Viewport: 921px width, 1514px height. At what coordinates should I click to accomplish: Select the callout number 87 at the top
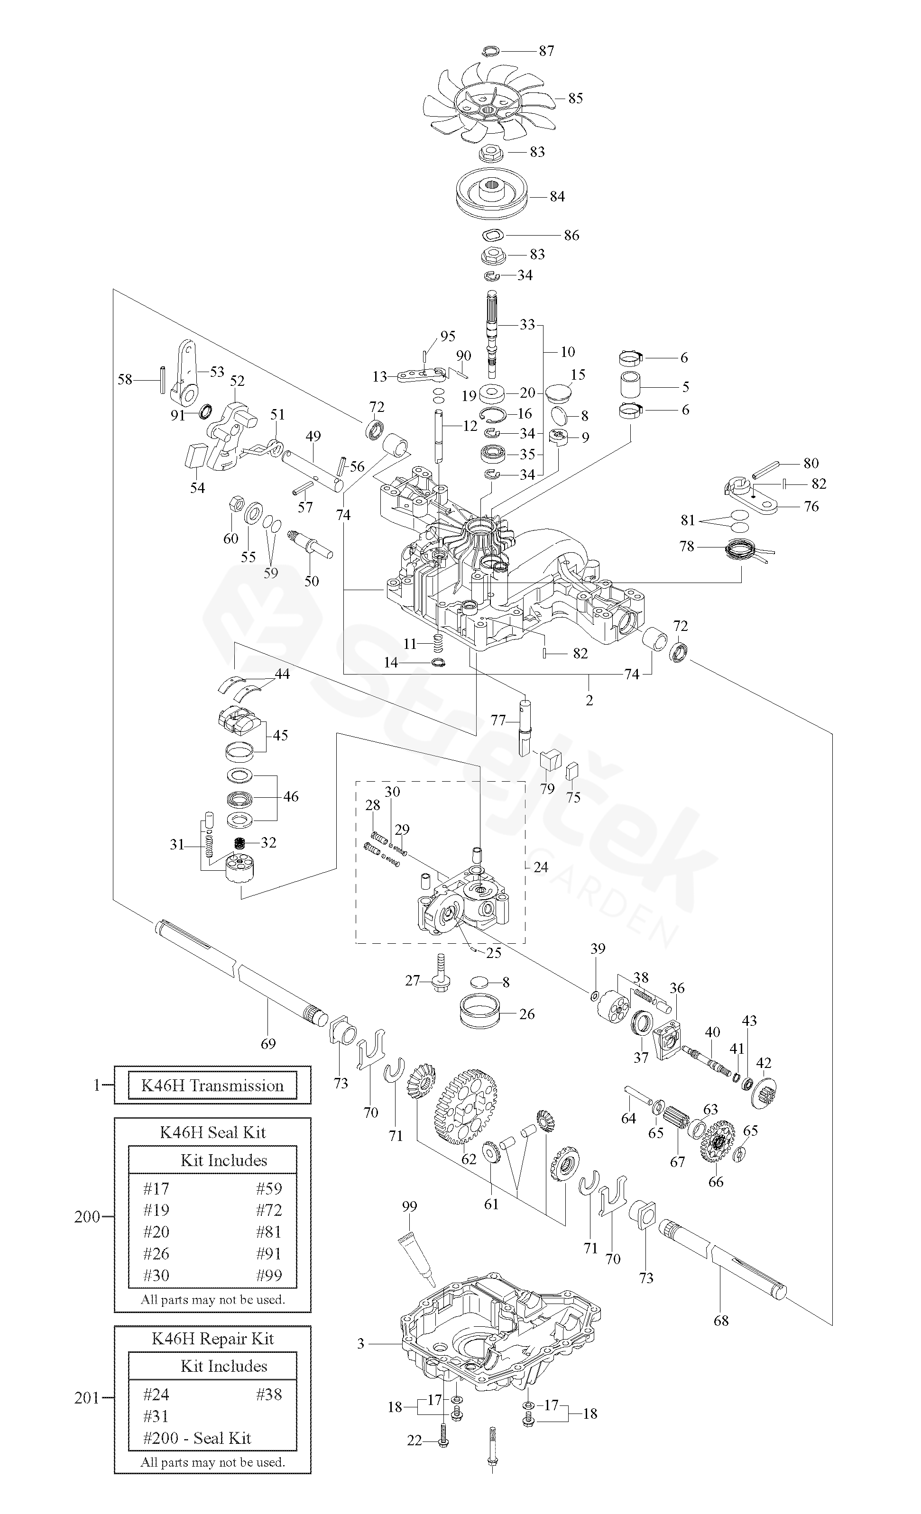(x=546, y=51)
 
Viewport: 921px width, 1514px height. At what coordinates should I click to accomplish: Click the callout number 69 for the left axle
(x=268, y=1043)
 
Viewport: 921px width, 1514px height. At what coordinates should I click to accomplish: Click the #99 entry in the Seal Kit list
(x=269, y=1276)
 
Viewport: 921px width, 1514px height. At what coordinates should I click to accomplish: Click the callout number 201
(x=87, y=1398)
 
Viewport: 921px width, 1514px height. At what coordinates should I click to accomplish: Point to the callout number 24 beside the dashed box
(x=541, y=867)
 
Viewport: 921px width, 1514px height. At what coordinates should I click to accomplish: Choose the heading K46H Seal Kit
(x=212, y=1132)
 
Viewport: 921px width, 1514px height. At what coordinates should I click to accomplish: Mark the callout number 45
(x=280, y=735)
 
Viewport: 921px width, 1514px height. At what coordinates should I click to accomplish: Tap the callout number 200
(x=87, y=1217)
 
